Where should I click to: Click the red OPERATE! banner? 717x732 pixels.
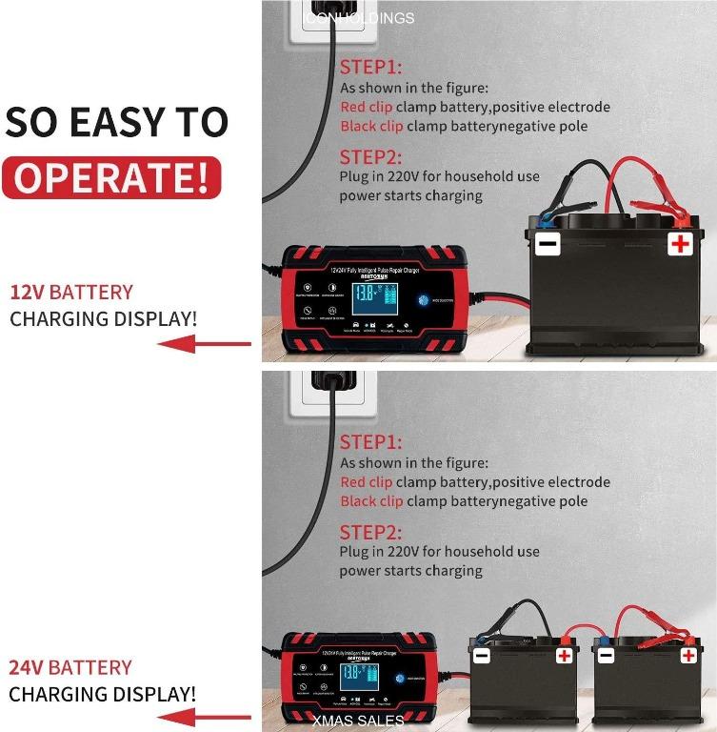pyautogui.click(x=111, y=178)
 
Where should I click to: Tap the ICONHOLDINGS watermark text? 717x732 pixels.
pyautogui.click(x=358, y=18)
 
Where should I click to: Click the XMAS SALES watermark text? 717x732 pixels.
pyautogui.click(x=358, y=722)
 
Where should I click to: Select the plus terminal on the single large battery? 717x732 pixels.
pyautogui.click(x=679, y=244)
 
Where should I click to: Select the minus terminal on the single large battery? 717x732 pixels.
pyautogui.click(x=548, y=244)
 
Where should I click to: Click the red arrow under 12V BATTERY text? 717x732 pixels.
pyautogui.click(x=204, y=345)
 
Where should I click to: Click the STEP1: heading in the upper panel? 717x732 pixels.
pyautogui.click(x=370, y=68)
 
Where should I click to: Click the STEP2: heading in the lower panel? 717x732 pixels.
pyautogui.click(x=370, y=532)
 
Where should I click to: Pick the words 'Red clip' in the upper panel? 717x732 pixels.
pyautogui.click(x=366, y=107)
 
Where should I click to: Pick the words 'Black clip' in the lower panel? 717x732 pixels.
pyautogui.click(x=371, y=501)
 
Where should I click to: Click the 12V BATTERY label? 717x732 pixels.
pyautogui.click(x=71, y=293)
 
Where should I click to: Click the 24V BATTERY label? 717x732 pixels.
pyautogui.click(x=70, y=667)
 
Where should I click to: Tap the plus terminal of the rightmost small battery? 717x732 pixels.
pyautogui.click(x=688, y=656)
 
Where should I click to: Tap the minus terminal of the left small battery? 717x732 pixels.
pyautogui.click(x=482, y=656)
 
